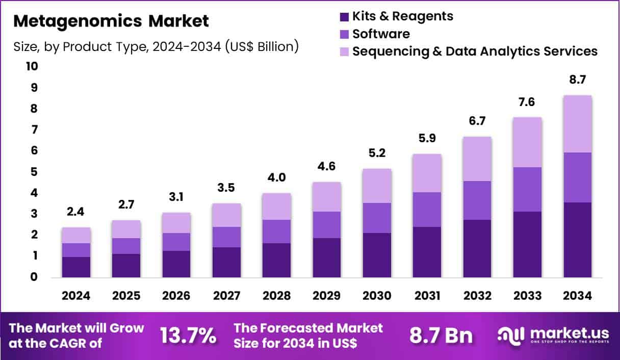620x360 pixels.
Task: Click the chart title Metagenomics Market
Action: pos(111,21)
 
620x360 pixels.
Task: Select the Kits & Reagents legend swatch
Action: pos(344,16)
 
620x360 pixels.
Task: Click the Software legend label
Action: pos(381,34)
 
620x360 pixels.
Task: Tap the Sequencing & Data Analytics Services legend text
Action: pos(475,51)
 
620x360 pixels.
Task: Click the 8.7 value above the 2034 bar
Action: pos(577,80)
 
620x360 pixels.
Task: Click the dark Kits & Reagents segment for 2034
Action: pos(577,240)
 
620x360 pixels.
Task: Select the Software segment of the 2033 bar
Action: pos(527,189)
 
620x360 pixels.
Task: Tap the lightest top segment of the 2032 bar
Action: pos(477,159)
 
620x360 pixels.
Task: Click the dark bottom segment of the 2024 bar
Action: pos(76,267)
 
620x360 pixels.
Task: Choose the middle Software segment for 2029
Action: pos(327,224)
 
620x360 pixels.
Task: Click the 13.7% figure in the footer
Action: pos(188,336)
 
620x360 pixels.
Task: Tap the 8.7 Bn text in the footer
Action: pos(441,336)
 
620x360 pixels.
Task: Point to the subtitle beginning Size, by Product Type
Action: pos(156,47)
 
